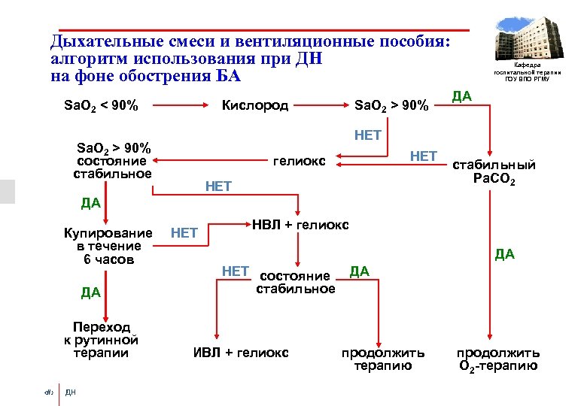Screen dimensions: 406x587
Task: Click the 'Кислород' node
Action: (x=254, y=105)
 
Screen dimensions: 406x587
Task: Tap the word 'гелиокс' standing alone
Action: (x=299, y=161)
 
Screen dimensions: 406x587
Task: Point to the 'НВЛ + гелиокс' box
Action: (x=300, y=225)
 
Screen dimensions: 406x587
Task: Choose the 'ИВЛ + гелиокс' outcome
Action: (x=241, y=353)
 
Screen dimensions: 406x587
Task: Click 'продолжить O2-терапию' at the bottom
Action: (x=497, y=359)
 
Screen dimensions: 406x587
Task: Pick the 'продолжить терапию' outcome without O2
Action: (x=383, y=359)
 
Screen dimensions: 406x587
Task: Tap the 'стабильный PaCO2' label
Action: (x=494, y=172)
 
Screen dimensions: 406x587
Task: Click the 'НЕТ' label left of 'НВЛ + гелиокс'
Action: (x=184, y=233)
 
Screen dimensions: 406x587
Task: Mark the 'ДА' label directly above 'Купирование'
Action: (x=90, y=203)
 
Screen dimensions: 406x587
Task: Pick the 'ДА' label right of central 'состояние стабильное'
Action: (x=360, y=271)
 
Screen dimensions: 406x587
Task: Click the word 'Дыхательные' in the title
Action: (x=100, y=41)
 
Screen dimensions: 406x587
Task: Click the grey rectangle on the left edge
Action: (x=7, y=192)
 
